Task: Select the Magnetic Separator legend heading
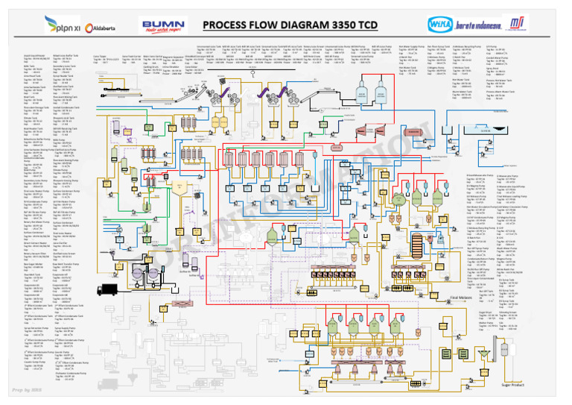pyautogui.click(x=173, y=55)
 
